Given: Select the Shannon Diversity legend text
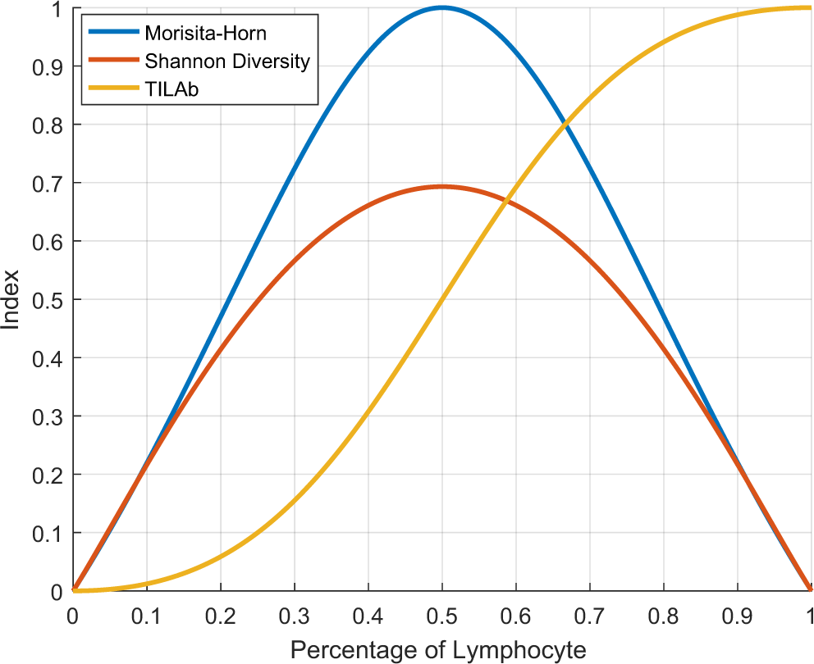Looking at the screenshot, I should coord(226,61).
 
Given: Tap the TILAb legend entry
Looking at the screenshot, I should coord(171,89).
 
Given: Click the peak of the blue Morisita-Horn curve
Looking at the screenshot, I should coord(442,7).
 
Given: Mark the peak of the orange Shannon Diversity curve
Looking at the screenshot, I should coord(442,187).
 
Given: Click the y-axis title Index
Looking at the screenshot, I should coord(11,299).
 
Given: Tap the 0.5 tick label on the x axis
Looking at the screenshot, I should coord(442,614).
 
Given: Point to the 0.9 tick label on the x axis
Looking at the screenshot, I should coord(737,614).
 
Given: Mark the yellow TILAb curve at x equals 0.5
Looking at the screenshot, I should coord(442,299).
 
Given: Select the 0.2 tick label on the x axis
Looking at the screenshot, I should coord(221,614).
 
